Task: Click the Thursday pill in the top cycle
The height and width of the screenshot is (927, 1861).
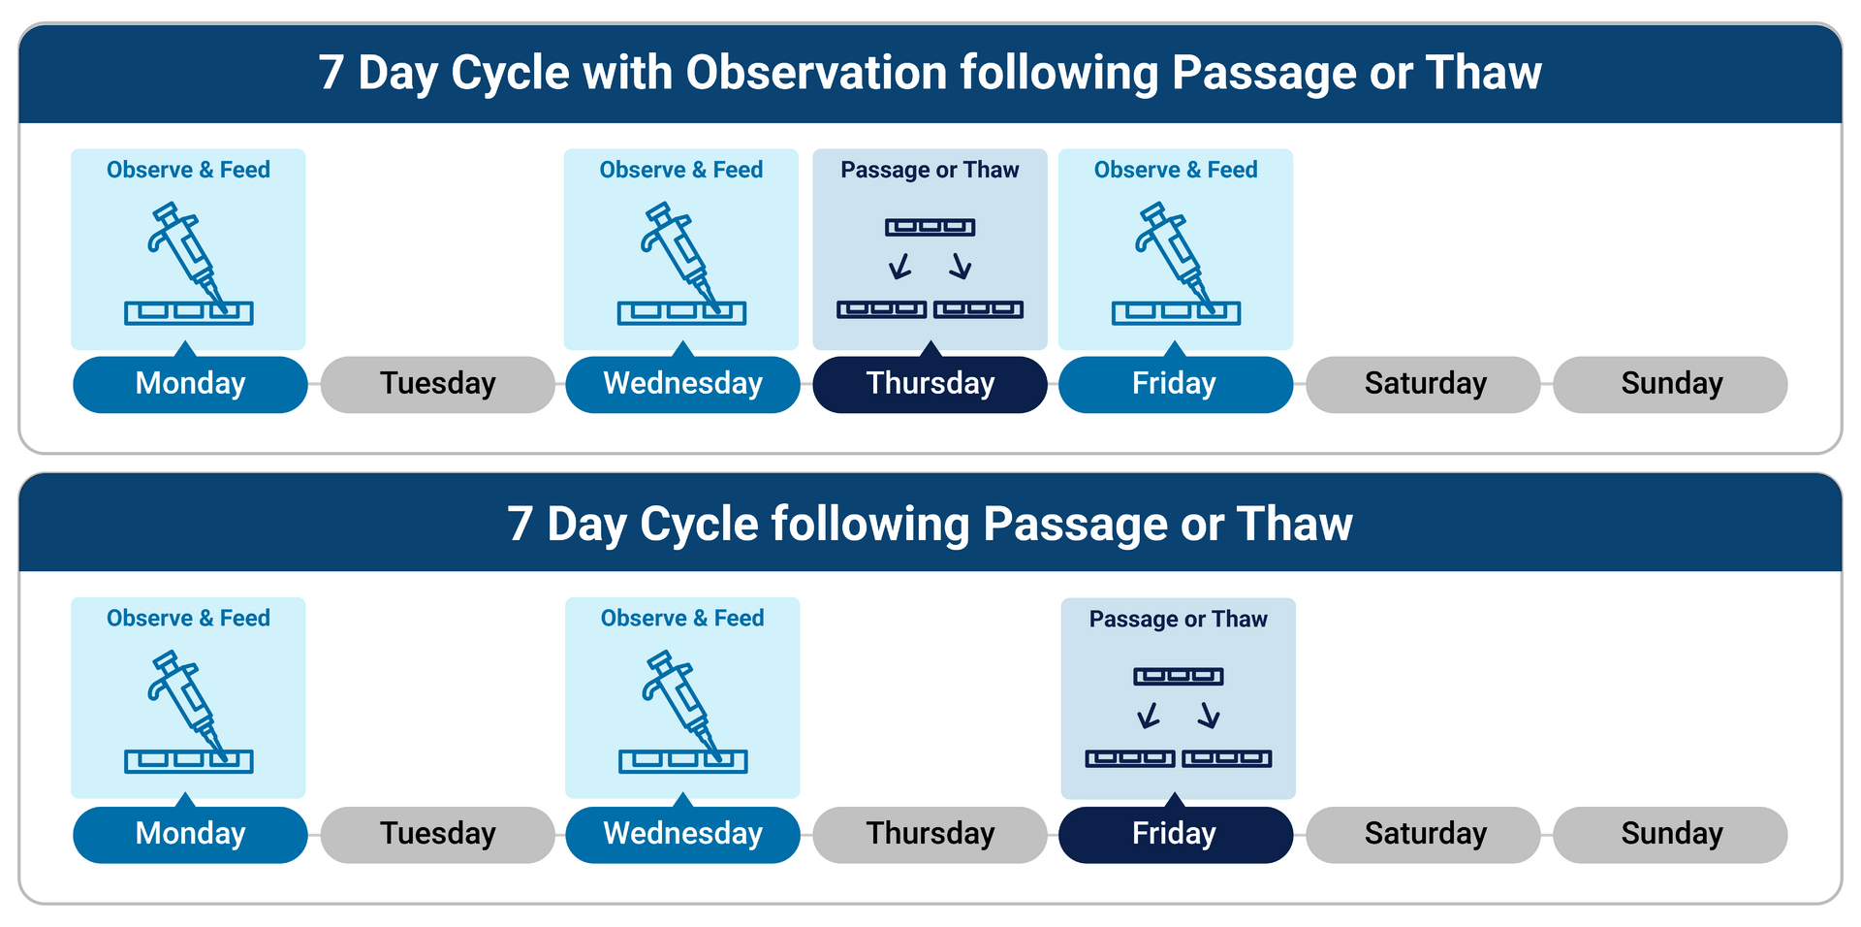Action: pos(930,384)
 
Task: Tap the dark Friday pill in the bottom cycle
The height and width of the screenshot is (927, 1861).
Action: pos(1176,834)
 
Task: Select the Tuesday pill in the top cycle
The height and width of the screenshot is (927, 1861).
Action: pos(438,384)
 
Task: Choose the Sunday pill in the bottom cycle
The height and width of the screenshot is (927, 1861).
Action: pos(1671,834)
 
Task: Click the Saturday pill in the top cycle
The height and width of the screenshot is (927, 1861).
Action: pos(1424,384)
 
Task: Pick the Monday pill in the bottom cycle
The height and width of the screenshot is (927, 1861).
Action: pos(190,834)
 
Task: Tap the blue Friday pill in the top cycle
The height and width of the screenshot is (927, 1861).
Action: pos(1176,384)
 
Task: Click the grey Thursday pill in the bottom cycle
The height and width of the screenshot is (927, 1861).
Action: pos(930,834)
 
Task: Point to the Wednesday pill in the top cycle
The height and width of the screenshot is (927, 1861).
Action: pos(683,384)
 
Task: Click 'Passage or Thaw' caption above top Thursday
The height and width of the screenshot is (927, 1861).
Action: pos(930,170)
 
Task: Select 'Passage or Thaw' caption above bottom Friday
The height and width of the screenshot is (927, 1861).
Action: pos(1178,619)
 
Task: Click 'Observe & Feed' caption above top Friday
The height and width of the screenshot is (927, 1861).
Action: pos(1176,170)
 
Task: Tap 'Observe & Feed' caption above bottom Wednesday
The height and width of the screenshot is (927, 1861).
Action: pos(682,618)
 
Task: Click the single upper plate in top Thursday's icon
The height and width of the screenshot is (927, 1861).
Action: pos(930,227)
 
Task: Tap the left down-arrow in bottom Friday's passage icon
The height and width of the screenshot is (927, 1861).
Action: pos(1149,716)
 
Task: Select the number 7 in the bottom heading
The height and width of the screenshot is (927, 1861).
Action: pos(520,525)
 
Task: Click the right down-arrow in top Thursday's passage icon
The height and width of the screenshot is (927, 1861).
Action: pos(961,266)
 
